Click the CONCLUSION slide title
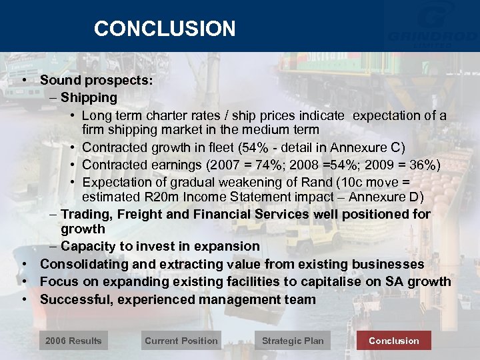(165, 29)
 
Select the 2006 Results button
(73, 341)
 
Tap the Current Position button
(181, 341)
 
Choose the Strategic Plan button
(293, 341)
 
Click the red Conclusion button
(394, 341)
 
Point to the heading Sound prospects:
(97, 80)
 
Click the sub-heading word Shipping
(89, 97)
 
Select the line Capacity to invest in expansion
(160, 247)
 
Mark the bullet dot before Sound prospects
(24, 80)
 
